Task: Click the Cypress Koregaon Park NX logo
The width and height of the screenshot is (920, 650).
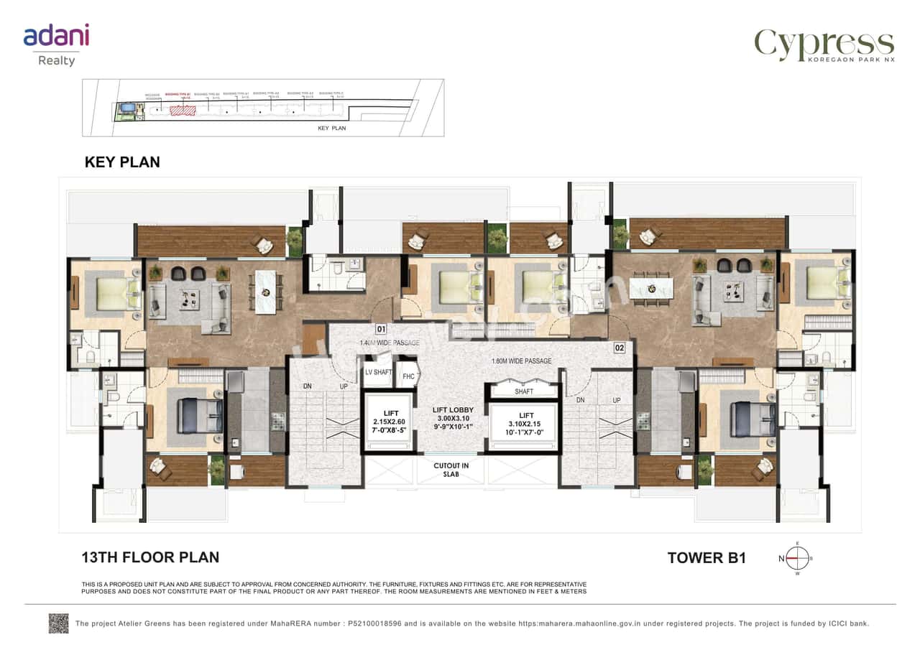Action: tap(824, 46)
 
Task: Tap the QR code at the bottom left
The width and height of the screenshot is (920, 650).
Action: tap(58, 623)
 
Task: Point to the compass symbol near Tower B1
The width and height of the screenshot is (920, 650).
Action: tap(795, 557)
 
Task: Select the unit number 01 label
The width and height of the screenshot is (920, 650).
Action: tap(381, 330)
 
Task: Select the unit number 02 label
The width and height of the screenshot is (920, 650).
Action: tap(619, 348)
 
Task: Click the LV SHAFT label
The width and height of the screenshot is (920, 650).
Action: tap(378, 372)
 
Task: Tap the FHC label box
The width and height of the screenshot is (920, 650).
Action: tap(408, 376)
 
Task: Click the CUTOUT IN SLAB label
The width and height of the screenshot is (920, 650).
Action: tap(451, 470)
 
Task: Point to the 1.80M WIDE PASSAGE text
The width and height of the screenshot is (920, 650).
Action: tap(522, 361)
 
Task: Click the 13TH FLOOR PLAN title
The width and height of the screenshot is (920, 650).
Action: tap(150, 557)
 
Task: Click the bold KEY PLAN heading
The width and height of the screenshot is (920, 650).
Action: tap(122, 162)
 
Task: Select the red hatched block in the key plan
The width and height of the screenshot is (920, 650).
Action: tap(183, 111)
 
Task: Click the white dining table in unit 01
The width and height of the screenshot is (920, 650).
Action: tap(265, 292)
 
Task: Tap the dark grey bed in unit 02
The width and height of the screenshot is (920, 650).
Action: tap(753, 419)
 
